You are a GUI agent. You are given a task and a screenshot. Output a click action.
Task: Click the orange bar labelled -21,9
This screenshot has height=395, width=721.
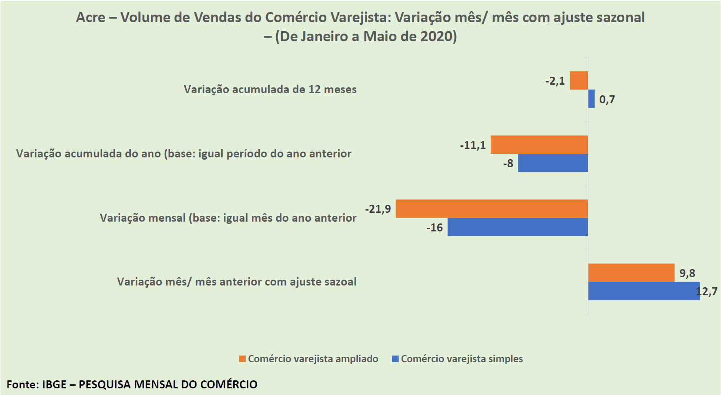[x=491, y=208]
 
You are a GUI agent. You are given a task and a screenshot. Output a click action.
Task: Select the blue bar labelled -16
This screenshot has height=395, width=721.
[x=517, y=227]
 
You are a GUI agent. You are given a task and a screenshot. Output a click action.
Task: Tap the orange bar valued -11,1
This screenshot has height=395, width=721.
[x=539, y=145]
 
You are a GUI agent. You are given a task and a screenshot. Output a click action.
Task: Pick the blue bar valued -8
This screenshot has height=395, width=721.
[x=553, y=163]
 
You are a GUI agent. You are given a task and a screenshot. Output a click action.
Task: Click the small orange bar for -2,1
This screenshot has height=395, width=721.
[x=579, y=81]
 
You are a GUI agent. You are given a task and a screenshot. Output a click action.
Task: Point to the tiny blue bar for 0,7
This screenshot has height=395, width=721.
[x=591, y=99]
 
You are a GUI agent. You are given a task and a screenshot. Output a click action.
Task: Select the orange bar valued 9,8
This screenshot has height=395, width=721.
[x=631, y=273]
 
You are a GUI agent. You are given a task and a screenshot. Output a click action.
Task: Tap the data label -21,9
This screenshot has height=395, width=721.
[x=378, y=209]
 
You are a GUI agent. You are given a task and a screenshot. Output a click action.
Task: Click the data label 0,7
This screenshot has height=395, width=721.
[x=607, y=99]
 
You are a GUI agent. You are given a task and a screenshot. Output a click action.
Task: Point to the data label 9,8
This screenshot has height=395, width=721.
[x=687, y=273]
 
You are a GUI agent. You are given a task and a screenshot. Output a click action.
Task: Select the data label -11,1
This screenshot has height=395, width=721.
[x=473, y=145]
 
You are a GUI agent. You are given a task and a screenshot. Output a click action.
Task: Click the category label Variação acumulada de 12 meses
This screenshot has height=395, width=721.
[x=270, y=89]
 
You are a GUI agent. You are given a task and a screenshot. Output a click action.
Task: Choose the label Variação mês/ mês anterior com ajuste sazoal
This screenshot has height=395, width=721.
[x=236, y=282]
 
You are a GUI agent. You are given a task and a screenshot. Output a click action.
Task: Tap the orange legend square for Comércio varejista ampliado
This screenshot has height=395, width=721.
[x=242, y=359]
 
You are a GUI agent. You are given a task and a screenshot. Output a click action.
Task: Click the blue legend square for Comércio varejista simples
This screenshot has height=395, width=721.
[x=395, y=359]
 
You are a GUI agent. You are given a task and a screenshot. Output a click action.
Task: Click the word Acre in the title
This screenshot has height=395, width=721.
[x=90, y=17]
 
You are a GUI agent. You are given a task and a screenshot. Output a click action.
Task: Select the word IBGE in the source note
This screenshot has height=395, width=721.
[x=54, y=384]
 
